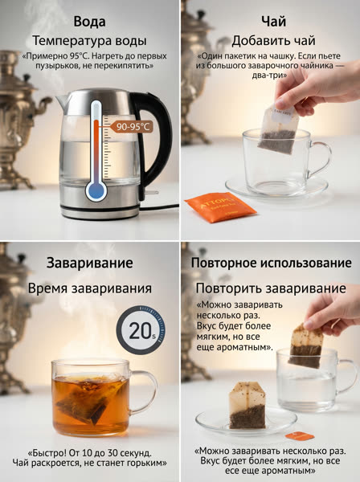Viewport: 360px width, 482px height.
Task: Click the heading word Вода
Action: coord(89,22)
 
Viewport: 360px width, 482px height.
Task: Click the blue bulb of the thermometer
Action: coord(96,190)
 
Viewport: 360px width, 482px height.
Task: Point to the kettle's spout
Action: coord(63,102)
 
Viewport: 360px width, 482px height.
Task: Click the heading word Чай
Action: coord(273,22)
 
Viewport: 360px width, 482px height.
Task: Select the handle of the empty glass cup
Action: coord(321,159)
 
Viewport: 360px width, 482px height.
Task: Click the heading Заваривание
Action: coord(90,263)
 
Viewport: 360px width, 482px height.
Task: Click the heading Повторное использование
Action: coord(271,263)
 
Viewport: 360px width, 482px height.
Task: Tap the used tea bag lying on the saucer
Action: coord(247,405)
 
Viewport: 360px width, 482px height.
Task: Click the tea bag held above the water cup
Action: coord(305,345)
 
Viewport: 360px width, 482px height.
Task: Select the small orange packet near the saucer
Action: coord(300,435)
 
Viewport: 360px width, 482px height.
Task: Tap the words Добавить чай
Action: coord(273,41)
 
